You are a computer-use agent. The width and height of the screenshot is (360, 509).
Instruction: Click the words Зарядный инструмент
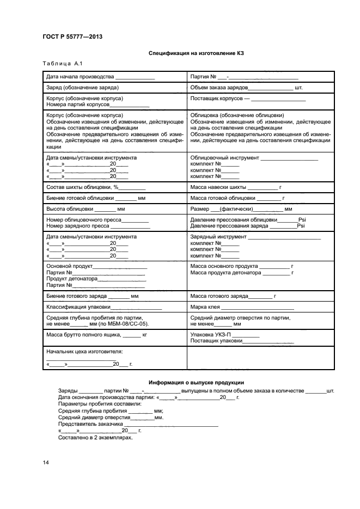[218, 237]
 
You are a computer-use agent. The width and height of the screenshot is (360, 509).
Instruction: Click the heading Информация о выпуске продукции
[196, 383]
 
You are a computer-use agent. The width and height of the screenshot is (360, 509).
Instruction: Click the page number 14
[46, 463]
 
